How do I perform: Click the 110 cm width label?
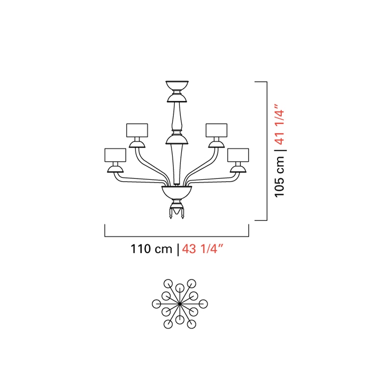pos(151,249)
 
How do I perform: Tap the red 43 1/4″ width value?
pos(203,249)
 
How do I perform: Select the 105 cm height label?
pos(280,177)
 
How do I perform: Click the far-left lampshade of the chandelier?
pos(115,155)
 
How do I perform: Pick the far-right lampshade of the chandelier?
pos(238,155)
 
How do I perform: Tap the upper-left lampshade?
pos(137,130)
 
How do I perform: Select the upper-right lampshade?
pos(217,130)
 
